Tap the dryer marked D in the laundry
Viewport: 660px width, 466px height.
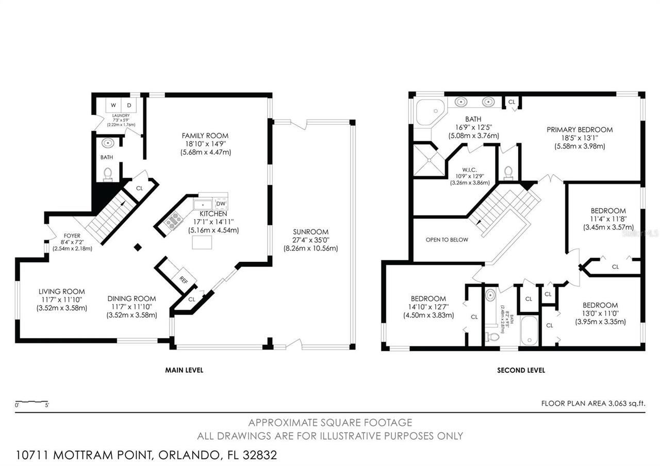[129, 106]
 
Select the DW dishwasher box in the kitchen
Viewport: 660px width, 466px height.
[221, 204]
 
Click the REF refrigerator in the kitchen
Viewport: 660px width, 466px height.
[183, 279]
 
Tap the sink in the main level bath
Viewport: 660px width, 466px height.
[108, 143]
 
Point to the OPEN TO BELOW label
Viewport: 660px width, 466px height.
[447, 240]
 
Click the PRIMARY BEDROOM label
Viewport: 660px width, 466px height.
[580, 129]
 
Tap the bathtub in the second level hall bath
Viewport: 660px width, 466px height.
[529, 330]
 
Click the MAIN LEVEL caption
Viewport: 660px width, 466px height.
[184, 370]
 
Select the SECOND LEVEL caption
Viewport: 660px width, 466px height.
[521, 370]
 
